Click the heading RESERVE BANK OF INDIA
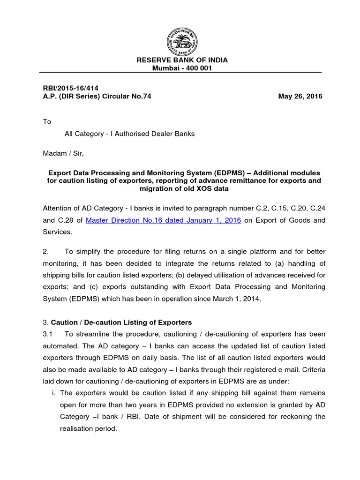click(x=180, y=60)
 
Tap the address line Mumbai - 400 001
click(x=180, y=68)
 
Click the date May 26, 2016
click(x=300, y=96)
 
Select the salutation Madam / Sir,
click(x=63, y=153)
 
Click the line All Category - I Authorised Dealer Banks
click(x=129, y=134)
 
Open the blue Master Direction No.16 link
click(x=164, y=220)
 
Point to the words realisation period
click(x=89, y=428)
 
